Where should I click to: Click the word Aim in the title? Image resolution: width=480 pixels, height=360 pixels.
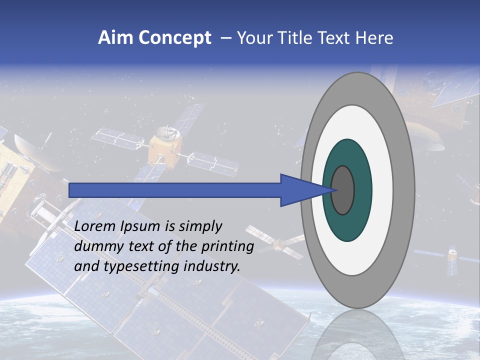[116, 38]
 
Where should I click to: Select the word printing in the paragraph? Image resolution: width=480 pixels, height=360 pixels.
[228, 247]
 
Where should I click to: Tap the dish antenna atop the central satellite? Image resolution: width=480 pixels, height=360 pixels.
[164, 133]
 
